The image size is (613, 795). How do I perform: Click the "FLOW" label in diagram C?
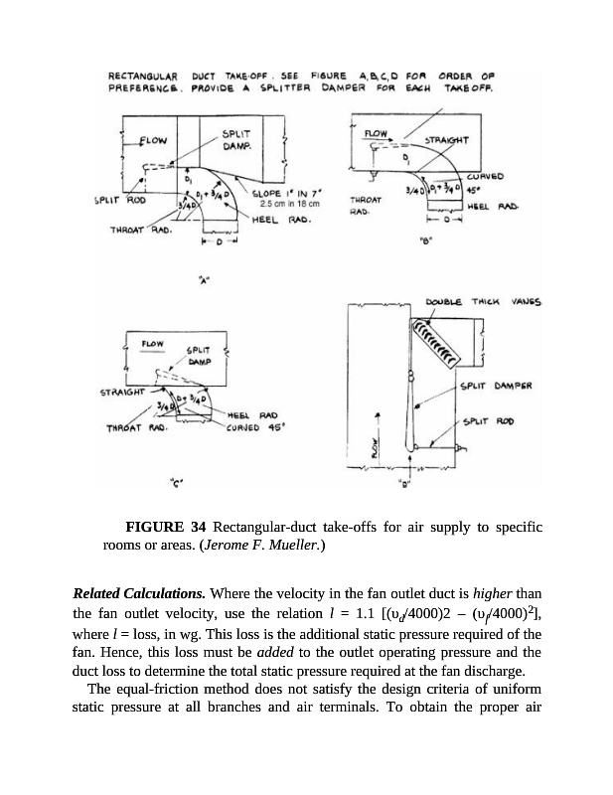153,345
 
